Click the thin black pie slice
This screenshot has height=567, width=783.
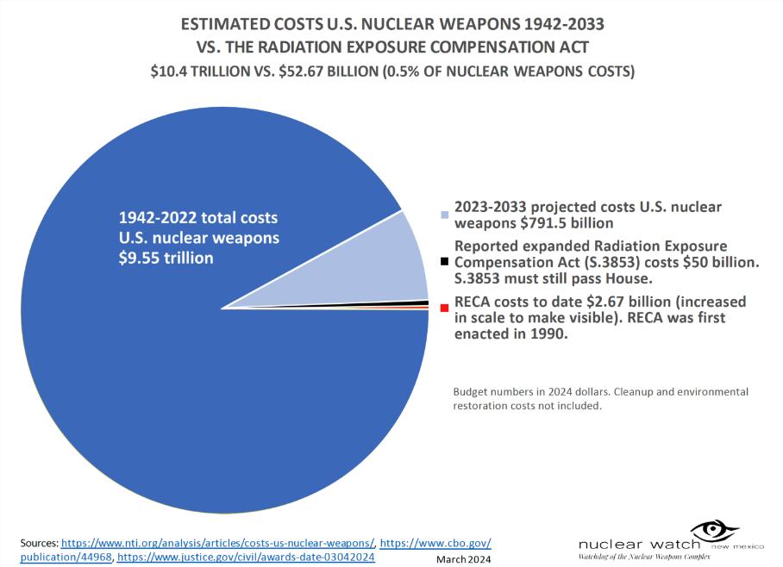tap(405, 303)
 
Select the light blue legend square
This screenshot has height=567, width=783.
tap(444, 214)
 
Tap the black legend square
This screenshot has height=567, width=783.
tap(444, 261)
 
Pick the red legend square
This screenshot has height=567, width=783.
tap(444, 308)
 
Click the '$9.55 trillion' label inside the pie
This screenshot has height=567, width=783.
tap(166, 257)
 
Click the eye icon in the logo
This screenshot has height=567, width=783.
tap(711, 529)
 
